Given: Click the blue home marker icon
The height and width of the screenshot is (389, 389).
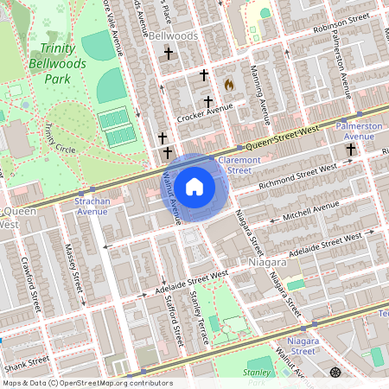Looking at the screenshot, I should (x=194, y=187).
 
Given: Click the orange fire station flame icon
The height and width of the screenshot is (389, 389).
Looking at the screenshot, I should (x=228, y=85).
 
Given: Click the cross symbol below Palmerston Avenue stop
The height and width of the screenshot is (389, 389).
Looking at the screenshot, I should (x=351, y=151).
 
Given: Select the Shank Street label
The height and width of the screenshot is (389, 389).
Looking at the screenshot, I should (x=26, y=360).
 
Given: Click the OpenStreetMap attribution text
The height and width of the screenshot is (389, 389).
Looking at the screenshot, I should (x=88, y=382).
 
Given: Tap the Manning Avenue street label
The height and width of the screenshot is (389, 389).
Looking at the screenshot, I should (x=262, y=88).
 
